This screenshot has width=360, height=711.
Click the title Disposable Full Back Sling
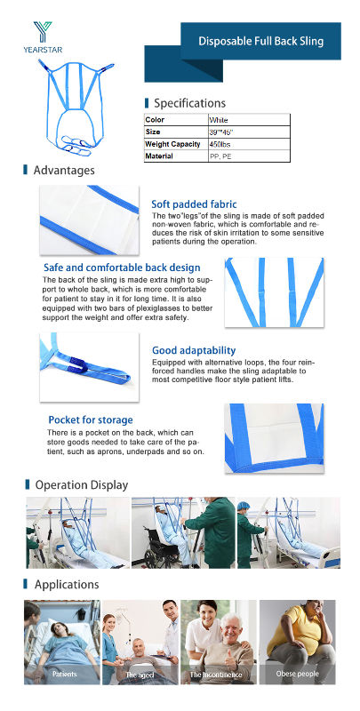pos(260,41)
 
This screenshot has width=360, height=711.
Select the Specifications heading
pos(189,103)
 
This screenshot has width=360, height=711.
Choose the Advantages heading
pos(63,170)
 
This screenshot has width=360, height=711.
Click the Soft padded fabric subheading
pos(194,204)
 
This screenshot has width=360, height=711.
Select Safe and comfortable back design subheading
pos(122,268)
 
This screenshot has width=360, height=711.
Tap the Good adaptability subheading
pos(194,351)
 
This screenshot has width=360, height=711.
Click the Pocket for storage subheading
pos(91,419)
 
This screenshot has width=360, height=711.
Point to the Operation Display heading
pos(81,485)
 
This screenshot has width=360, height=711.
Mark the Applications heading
pos(66,585)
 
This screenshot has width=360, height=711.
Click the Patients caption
pos(63,675)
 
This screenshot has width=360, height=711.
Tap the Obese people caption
pos(297,675)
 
